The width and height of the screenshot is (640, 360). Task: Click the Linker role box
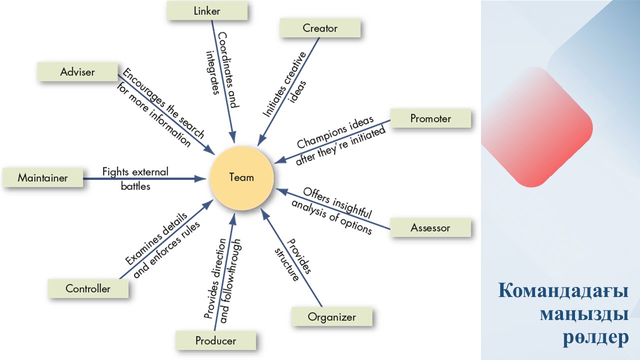pyautogui.click(x=206, y=11)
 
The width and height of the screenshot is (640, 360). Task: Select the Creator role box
pyautogui.click(x=320, y=28)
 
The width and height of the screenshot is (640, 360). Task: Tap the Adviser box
pyautogui.click(x=77, y=72)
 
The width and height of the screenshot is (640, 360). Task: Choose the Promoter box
pyautogui.click(x=430, y=119)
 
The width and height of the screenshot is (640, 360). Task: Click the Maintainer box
pyautogui.click(x=42, y=177)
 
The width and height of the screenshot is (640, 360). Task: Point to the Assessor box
pyautogui.click(x=430, y=228)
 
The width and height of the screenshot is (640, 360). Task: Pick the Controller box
pyautogui.click(x=88, y=288)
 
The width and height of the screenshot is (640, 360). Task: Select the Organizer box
pyautogui.click(x=331, y=317)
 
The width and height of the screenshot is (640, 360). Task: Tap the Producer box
pyautogui.click(x=215, y=341)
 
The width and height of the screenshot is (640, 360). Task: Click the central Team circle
pyautogui.click(x=241, y=177)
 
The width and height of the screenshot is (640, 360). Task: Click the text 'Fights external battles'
pyautogui.click(x=135, y=178)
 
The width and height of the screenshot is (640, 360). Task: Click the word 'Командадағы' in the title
pyautogui.click(x=563, y=291)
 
